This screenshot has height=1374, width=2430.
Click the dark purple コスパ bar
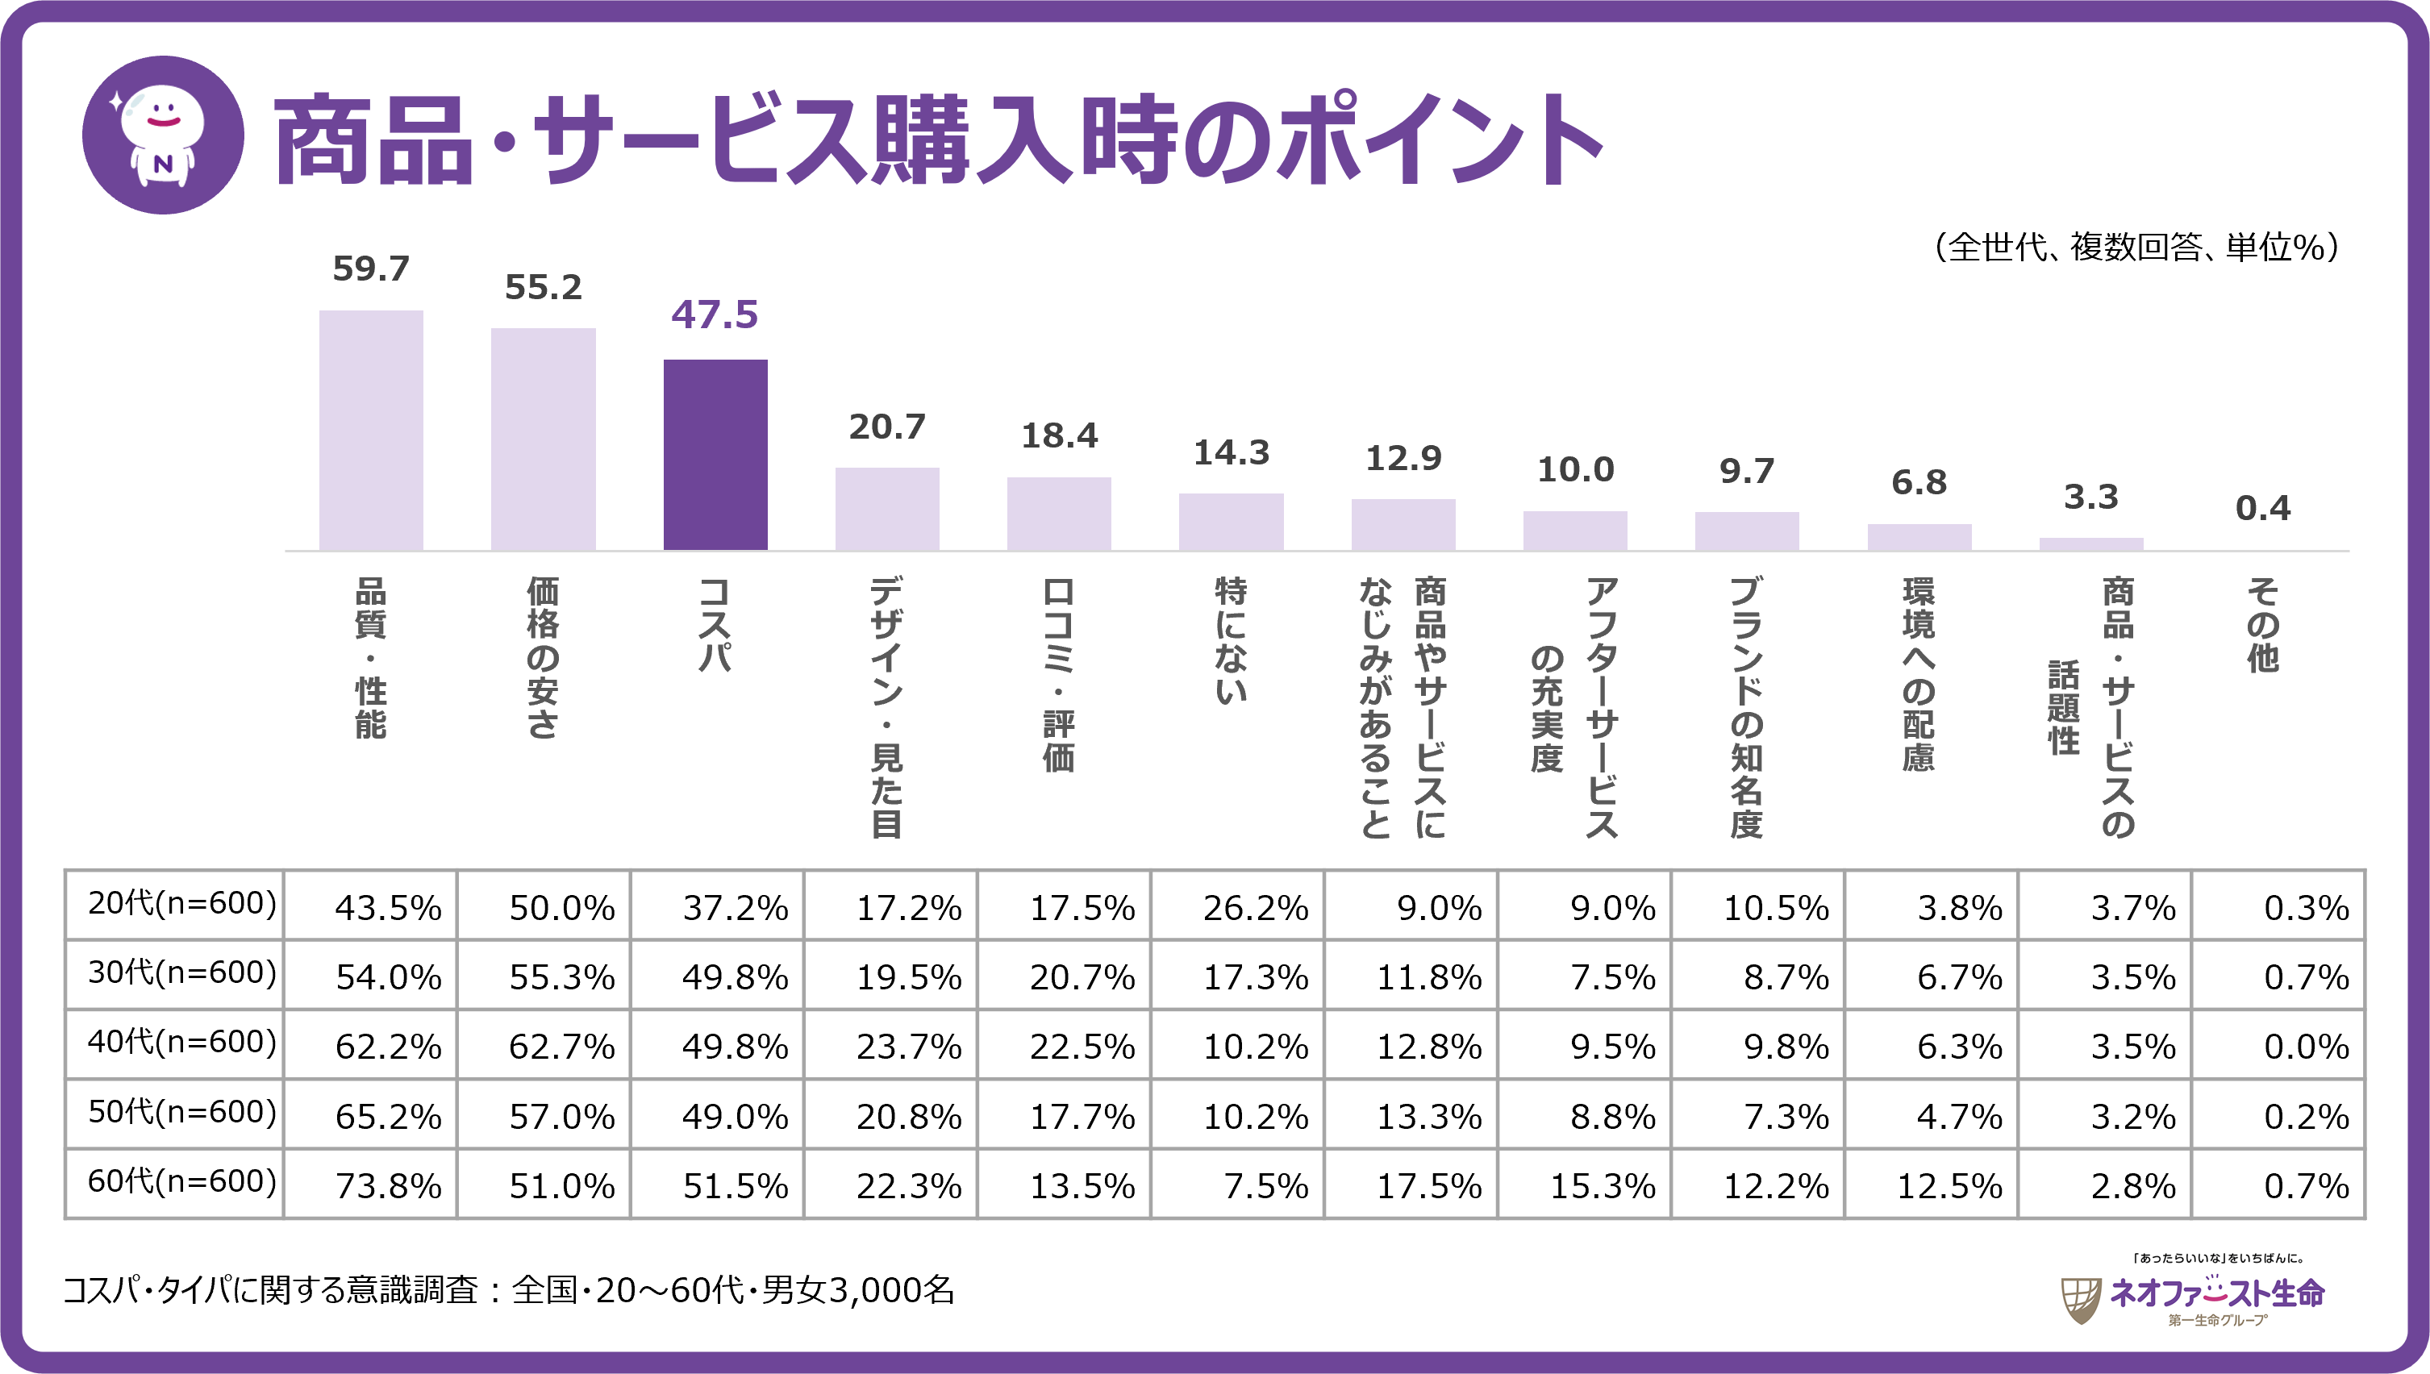(715, 454)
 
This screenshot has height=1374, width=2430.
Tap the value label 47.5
(715, 315)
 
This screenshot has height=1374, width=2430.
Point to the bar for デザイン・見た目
(887, 509)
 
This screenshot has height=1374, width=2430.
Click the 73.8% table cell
(388, 1186)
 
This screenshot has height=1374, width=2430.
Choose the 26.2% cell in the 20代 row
(1255, 908)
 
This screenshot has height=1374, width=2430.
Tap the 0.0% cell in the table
(2306, 1047)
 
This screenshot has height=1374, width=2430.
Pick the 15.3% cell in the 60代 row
(1603, 1186)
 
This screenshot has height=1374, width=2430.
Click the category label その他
(2263, 625)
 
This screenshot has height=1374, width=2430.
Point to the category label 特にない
(1232, 641)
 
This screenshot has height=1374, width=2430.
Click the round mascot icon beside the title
(163, 135)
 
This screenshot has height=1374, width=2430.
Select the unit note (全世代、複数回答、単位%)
(2136, 248)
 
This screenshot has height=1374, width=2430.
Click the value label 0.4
(2262, 509)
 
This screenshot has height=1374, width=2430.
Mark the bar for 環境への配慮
(1919, 537)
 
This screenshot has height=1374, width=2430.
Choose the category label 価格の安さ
(544, 658)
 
